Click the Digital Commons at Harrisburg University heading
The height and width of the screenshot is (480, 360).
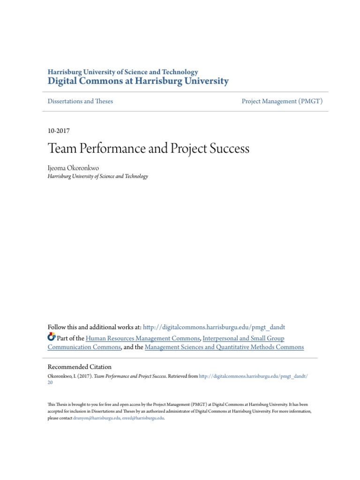138,82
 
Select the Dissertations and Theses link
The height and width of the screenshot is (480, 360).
80,101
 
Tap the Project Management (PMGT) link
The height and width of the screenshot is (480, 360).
282,101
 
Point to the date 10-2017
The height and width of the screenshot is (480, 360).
59,131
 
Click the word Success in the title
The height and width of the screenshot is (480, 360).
229,149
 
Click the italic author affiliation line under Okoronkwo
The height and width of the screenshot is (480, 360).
97,177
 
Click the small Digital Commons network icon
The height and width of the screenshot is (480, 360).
52,337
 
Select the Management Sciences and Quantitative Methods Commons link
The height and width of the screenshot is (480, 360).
224,347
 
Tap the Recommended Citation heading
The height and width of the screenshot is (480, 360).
80,367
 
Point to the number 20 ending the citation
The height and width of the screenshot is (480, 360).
50,382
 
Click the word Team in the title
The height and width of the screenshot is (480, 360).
60,149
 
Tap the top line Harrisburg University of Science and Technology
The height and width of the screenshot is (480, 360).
123,72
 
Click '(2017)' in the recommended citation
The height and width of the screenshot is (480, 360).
85,376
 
